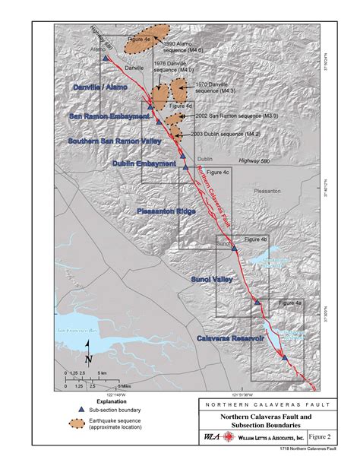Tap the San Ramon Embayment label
tap(109, 116)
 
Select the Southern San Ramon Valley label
tap(110, 141)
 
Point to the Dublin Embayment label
tap(144, 163)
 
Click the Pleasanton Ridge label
tap(167, 211)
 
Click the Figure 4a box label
tap(289, 303)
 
